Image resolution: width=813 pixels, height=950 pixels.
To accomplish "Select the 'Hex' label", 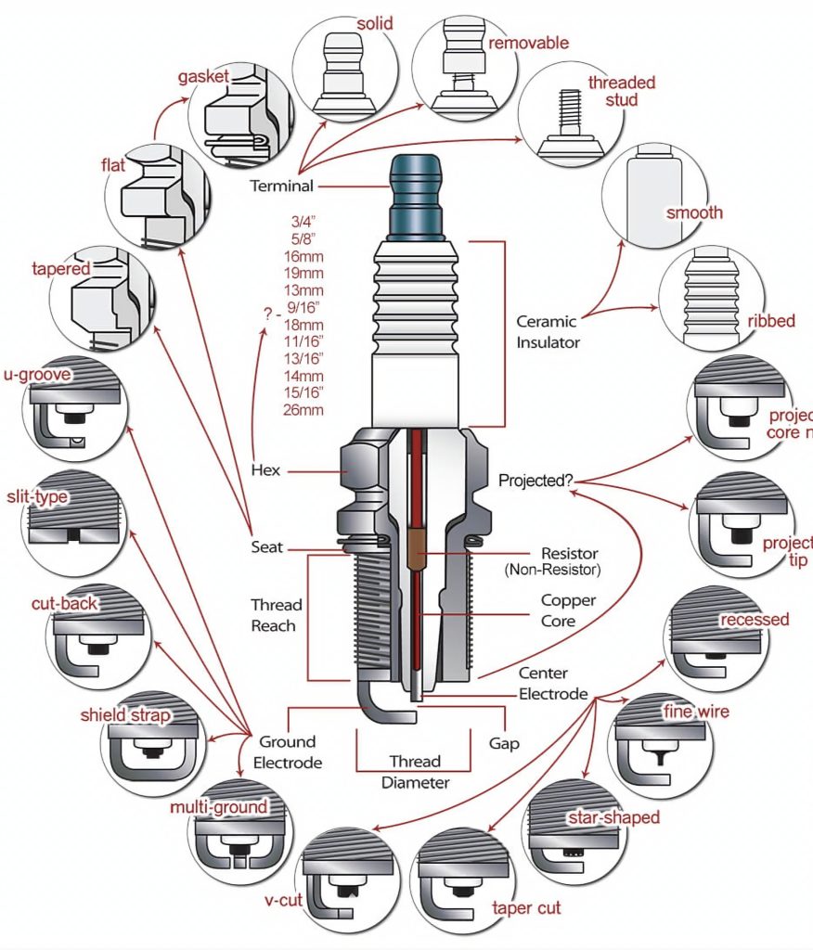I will (x=265, y=470).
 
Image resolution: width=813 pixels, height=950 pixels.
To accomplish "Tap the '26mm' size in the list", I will (x=306, y=409).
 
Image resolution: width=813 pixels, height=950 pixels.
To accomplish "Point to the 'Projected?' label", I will (x=536, y=481).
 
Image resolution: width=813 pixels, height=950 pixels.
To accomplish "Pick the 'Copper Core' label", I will (x=569, y=610).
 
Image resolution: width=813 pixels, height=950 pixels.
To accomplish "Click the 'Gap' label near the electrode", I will (x=504, y=743).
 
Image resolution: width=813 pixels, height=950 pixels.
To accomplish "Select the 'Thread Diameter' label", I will (x=415, y=772).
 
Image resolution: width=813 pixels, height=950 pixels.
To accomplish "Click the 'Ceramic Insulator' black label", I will (x=548, y=332).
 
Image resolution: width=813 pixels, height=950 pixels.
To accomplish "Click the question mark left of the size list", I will (x=267, y=315).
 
